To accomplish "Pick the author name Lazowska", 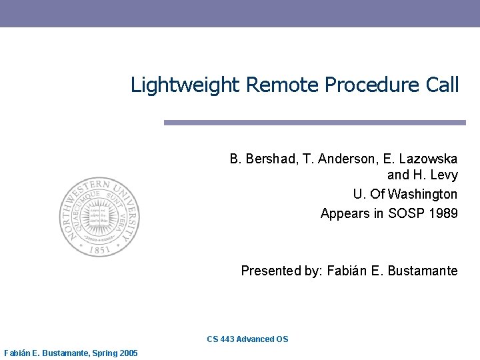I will click(428, 159).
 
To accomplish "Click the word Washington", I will click(424, 194).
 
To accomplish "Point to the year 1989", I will click(443, 213).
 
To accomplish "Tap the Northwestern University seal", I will click(100, 217).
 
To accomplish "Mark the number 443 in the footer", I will click(226, 339).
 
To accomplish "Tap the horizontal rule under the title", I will click(315, 123).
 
